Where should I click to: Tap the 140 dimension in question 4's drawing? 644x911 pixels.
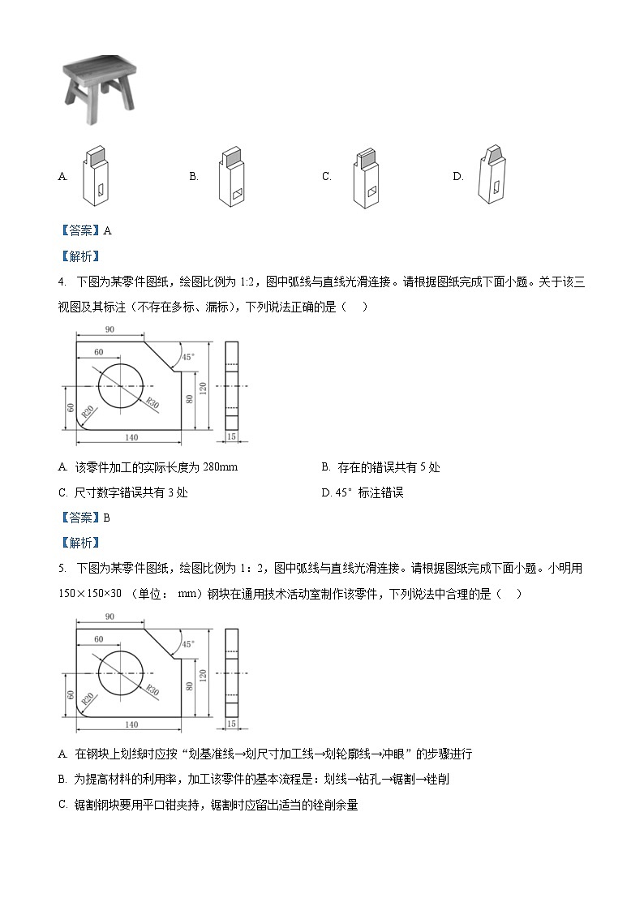tap(131, 437)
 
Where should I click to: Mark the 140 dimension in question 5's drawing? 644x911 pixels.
tap(131, 724)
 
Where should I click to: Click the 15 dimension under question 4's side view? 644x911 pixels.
tap(231, 436)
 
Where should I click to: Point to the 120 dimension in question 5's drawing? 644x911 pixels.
tap(204, 674)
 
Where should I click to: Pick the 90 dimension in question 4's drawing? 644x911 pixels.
tap(109, 329)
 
